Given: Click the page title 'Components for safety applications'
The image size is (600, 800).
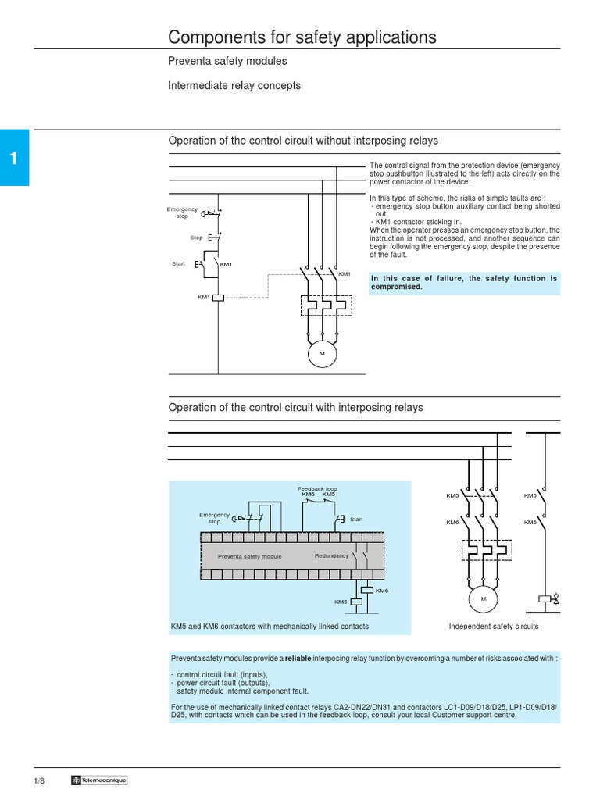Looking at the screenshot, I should [302, 37].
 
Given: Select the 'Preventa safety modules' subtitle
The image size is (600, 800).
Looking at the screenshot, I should [227, 61].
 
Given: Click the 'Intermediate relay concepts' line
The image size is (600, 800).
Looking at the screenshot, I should [234, 86].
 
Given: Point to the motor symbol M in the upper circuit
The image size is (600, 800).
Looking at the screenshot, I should [320, 354].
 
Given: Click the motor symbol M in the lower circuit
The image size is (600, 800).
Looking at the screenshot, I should [483, 599].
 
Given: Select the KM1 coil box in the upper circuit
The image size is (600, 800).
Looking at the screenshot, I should [219, 297].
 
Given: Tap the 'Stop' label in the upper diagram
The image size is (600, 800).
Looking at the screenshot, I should [196, 237].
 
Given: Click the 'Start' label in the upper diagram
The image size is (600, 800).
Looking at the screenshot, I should [178, 264].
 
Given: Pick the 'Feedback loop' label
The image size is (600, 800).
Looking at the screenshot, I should [317, 488].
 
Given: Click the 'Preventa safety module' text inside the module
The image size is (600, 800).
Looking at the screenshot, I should [249, 556].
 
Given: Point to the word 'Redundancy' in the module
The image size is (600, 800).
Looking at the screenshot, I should [331, 555].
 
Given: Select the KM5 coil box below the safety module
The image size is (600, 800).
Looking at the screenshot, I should [356, 602].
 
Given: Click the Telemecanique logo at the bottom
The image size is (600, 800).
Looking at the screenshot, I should [98, 780].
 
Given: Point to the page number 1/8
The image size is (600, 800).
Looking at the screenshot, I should [38, 780].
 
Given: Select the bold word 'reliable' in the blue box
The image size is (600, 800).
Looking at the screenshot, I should [298, 659].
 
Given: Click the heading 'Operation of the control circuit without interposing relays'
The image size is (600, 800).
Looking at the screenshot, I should [303, 141].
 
